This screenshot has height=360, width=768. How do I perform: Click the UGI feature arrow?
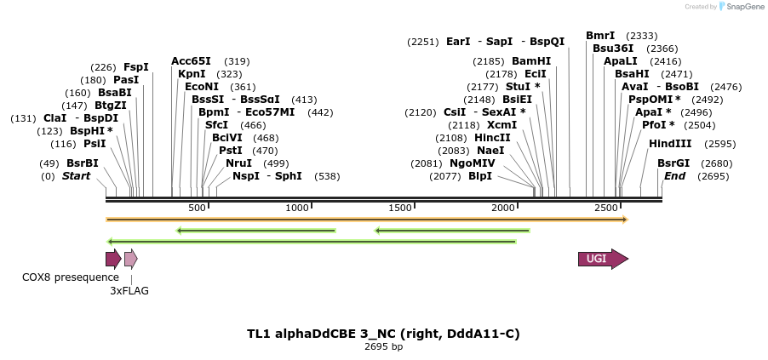click(603, 260)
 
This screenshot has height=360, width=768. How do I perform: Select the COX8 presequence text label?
click(71, 277)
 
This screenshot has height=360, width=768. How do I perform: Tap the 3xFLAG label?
click(129, 290)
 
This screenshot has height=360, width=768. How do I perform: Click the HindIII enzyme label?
click(670, 144)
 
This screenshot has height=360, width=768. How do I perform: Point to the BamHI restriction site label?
click(531, 61)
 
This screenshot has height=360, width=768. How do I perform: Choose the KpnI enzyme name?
click(192, 74)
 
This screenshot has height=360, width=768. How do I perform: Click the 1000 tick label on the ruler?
click(297, 208)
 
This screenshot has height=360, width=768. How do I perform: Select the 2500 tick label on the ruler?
click(606, 208)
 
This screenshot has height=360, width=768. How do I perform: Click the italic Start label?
click(76, 176)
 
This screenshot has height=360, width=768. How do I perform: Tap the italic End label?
click(674, 176)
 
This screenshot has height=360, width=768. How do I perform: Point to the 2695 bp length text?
click(383, 346)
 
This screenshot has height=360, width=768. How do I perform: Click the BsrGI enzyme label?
click(673, 163)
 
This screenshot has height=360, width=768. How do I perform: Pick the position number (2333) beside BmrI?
click(641, 36)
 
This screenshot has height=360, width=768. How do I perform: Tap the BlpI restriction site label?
click(480, 176)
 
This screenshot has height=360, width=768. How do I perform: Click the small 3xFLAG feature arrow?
click(130, 260)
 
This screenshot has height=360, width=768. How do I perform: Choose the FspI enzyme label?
click(136, 67)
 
